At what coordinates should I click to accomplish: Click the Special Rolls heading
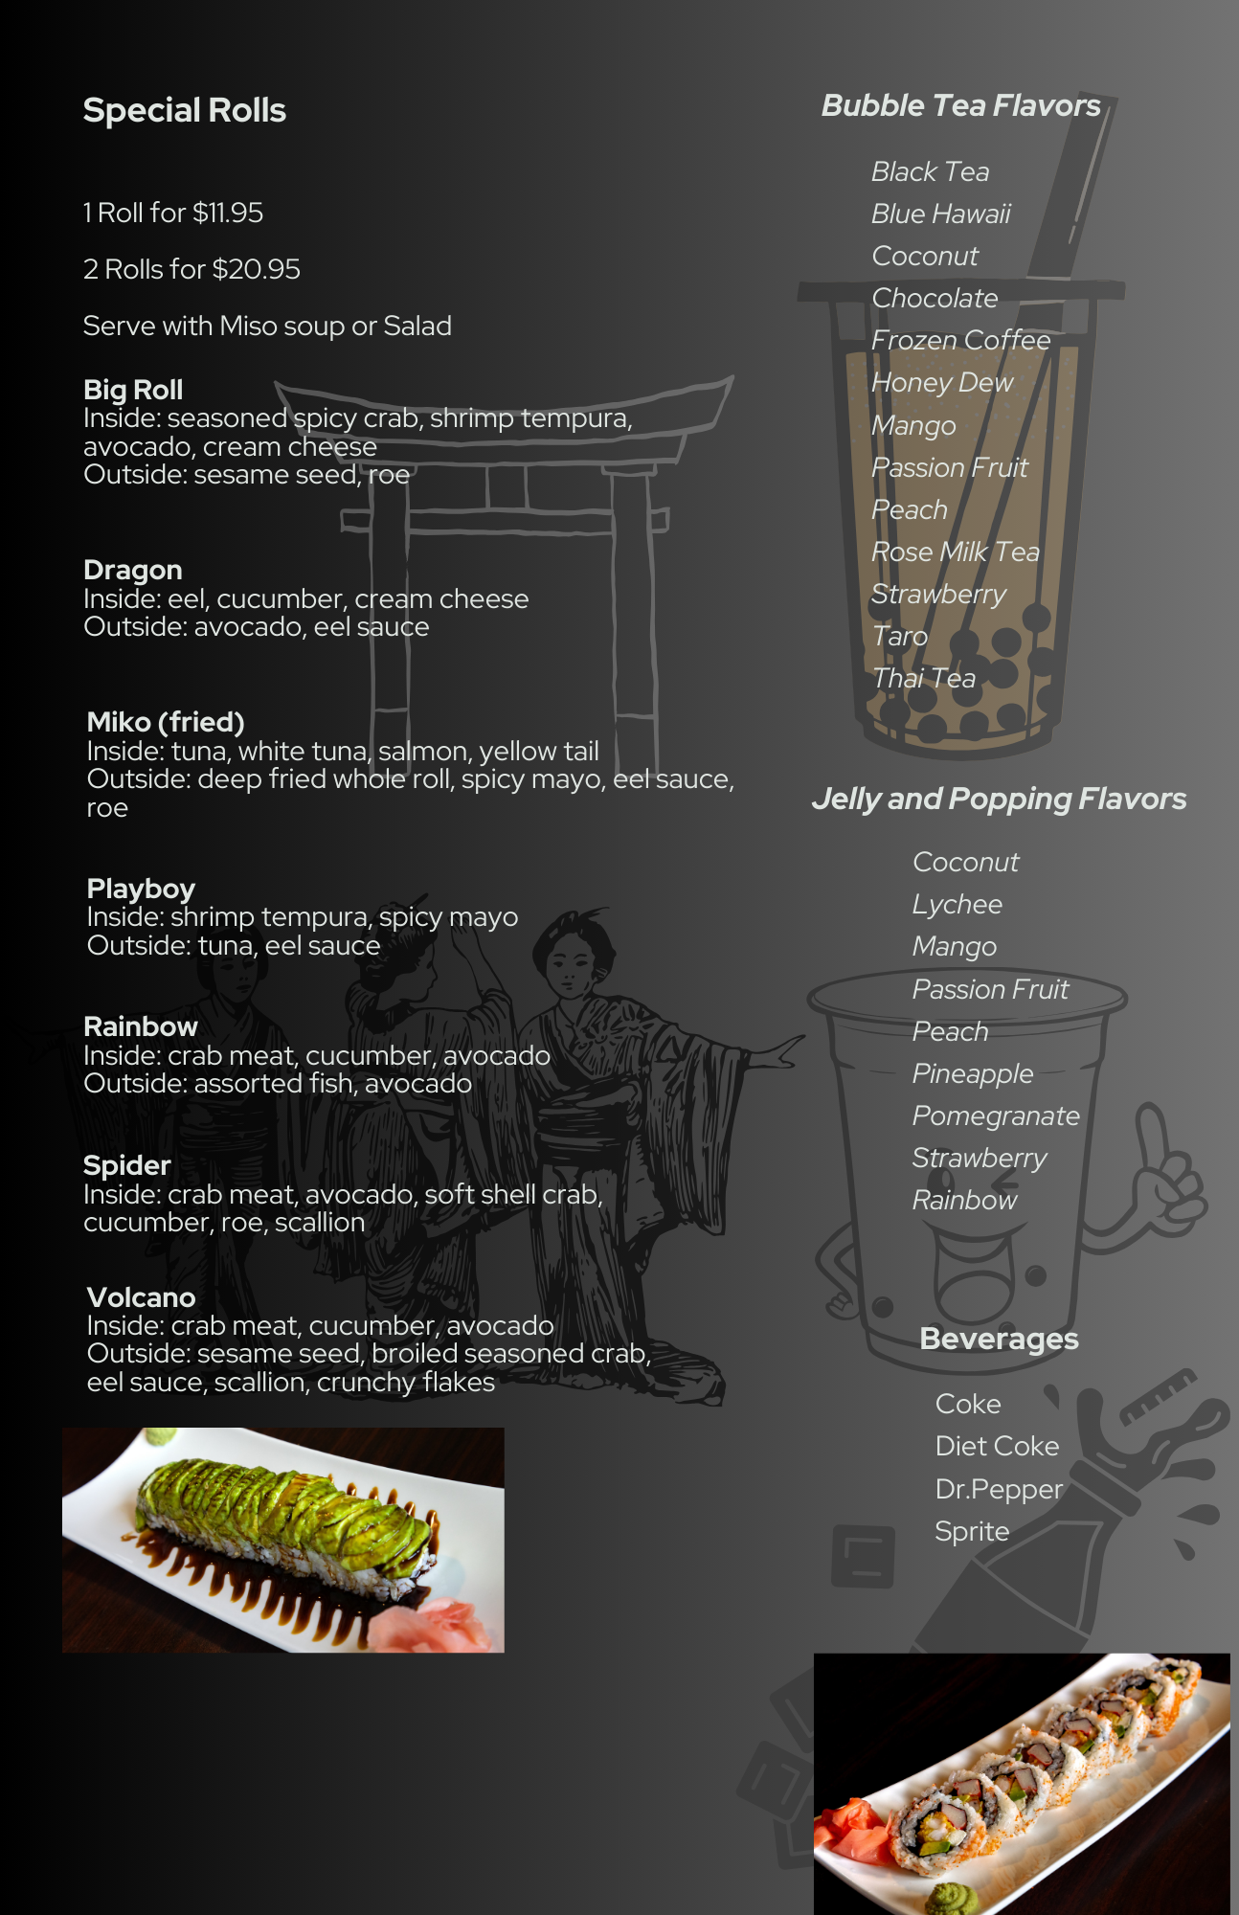(x=185, y=111)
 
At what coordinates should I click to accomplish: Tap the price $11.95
(x=228, y=213)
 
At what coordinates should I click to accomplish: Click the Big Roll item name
(x=133, y=390)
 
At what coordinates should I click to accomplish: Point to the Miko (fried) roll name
(x=166, y=722)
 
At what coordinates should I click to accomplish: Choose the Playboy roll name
(x=141, y=889)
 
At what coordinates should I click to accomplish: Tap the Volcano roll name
(x=141, y=1297)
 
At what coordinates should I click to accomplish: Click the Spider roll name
(x=126, y=1166)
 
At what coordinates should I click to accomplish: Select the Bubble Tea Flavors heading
(x=961, y=105)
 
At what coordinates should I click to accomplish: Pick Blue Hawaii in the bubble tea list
(x=941, y=214)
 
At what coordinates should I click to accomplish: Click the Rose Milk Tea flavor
(x=956, y=552)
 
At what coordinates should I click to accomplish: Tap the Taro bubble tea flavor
(x=900, y=636)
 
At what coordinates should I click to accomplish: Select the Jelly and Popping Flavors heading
(x=999, y=799)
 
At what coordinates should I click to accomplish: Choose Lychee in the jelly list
(x=957, y=905)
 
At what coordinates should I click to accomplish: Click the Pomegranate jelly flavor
(x=996, y=1116)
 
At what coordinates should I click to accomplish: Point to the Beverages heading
(x=999, y=1339)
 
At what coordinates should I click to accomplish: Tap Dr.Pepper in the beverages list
(x=999, y=1489)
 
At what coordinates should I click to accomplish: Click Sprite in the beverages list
(x=972, y=1531)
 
